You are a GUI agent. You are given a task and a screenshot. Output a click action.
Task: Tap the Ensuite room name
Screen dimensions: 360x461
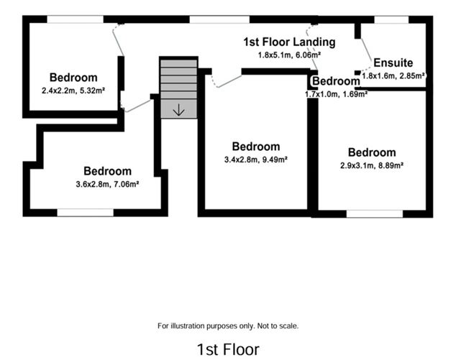[x=393, y=63]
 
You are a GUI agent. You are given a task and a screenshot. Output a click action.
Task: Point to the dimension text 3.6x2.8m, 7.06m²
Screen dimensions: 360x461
[x=107, y=183]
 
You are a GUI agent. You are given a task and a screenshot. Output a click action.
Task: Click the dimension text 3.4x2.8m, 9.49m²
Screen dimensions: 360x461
[x=256, y=160]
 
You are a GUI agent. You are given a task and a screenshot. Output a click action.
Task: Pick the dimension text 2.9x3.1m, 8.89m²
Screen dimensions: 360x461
[x=372, y=165]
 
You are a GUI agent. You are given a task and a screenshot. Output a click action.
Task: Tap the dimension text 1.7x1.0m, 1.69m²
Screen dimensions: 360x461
[x=336, y=93]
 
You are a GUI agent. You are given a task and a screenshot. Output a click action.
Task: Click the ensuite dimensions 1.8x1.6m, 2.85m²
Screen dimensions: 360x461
[x=393, y=75]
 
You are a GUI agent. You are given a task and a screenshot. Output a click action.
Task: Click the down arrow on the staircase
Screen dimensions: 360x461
[x=178, y=110]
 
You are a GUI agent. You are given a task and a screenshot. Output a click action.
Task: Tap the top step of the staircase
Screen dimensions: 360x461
[x=178, y=63]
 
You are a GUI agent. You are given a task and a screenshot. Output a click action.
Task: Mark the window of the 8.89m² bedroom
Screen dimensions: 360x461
[x=374, y=213]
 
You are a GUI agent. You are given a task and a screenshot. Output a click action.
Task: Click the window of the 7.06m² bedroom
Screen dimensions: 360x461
[x=85, y=212]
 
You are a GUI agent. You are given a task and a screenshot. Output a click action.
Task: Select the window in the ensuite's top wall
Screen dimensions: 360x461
[x=392, y=19]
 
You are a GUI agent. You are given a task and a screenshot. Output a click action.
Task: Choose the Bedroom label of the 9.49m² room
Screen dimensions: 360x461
[x=256, y=147]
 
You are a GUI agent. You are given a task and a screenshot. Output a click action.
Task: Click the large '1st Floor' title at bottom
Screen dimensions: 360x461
[x=228, y=349]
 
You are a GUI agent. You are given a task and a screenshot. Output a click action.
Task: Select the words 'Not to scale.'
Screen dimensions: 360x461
[x=276, y=326]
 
